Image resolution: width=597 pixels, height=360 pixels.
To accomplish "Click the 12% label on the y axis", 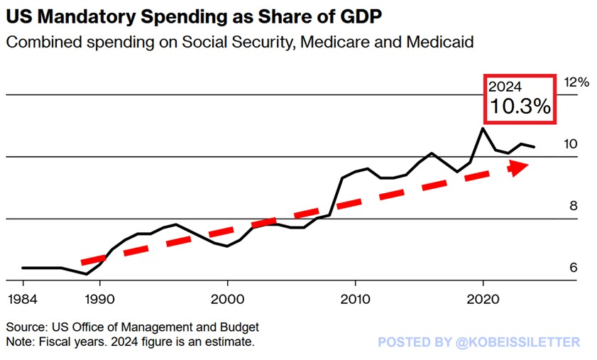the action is coord(576,82).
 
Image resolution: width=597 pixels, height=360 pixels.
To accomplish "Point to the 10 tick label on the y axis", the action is coord(570,144).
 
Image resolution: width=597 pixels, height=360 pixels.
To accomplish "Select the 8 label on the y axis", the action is coord(574,206).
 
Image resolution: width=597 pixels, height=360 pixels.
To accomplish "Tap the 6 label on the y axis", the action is coord(574,268).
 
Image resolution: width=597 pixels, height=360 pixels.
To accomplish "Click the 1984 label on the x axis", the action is coord(23,299).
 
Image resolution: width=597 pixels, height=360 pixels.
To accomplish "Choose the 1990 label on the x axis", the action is coord(100,299).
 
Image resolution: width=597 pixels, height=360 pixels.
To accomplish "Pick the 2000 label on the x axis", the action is coord(227,299).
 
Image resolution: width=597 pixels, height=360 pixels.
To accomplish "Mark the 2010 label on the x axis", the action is coord(355,299).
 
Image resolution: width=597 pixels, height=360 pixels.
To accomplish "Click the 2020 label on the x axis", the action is coord(483,299).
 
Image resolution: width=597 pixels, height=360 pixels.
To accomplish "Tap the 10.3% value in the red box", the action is coord(520,106).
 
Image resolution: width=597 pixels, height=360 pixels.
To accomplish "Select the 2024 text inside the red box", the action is coord(505,87).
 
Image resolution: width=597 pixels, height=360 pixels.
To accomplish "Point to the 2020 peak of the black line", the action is coord(483,128).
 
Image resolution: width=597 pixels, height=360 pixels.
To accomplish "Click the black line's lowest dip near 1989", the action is coord(87,274).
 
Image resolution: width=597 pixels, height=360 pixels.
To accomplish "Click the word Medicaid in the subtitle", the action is coord(439,42).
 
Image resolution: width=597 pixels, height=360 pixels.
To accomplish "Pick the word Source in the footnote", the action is coord(26,327).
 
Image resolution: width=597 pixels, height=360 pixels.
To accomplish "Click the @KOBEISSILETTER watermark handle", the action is coord(517,342).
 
